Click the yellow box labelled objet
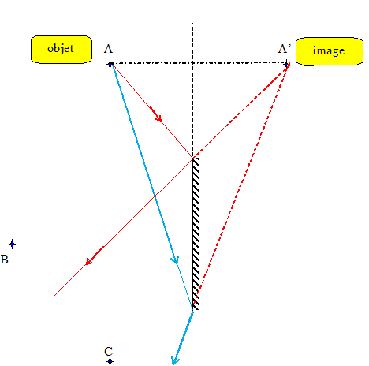point(61,50)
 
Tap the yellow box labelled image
point(330,51)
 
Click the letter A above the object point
point(108,49)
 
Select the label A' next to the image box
point(285,49)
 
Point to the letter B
point(5,260)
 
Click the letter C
point(109,352)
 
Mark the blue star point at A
point(110,64)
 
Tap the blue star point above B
point(12,245)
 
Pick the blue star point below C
point(110,362)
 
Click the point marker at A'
point(287,64)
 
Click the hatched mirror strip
point(196,233)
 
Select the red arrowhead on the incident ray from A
point(156,115)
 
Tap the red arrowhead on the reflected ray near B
point(94,256)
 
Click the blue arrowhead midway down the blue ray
point(175,260)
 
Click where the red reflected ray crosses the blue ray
point(155,196)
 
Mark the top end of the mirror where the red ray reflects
point(193,158)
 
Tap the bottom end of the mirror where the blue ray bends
point(193,311)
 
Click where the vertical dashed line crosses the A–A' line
point(192,63)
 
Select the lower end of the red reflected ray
point(54,297)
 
